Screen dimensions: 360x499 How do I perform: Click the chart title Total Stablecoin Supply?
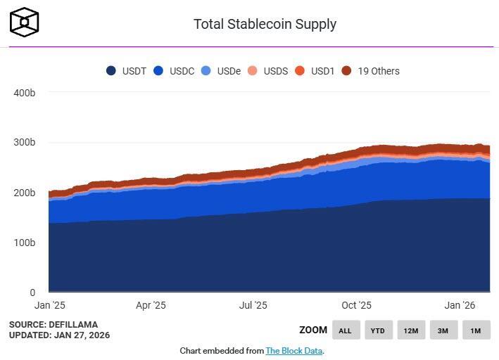(265, 24)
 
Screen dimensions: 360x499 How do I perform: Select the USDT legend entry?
(127, 71)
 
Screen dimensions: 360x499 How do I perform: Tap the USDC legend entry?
(174, 71)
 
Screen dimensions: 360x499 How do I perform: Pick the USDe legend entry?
(221, 71)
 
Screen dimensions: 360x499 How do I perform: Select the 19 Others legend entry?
(371, 71)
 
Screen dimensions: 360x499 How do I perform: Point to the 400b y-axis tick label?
(24, 93)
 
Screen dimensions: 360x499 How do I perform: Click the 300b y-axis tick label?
(24, 143)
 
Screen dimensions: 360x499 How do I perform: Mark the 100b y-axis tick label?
(24, 243)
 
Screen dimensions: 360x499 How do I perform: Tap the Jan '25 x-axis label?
(49, 305)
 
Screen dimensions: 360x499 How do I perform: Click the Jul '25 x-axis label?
(253, 305)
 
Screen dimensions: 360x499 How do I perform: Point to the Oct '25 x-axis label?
(356, 305)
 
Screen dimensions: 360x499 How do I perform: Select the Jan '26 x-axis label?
(460, 305)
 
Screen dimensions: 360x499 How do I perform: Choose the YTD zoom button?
(378, 330)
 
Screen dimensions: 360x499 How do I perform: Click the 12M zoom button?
(411, 330)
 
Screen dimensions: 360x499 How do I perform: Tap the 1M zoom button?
(476, 330)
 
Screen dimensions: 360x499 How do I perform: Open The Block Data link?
(293, 350)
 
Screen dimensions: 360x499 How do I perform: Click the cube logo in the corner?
(25, 22)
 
